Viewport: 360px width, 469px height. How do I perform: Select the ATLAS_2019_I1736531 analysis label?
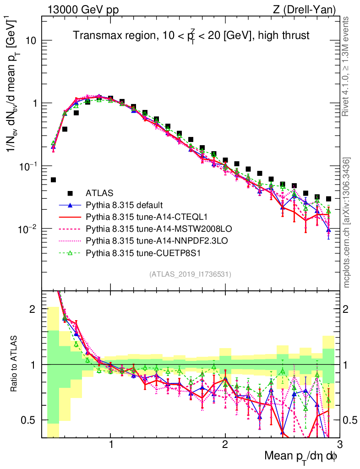coord(190,274)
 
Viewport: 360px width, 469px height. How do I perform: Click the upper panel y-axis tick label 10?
coord(31,41)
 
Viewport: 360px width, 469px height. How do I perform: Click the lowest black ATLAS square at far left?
coord(53,180)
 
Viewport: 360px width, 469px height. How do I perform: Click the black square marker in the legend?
coord(70,193)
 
